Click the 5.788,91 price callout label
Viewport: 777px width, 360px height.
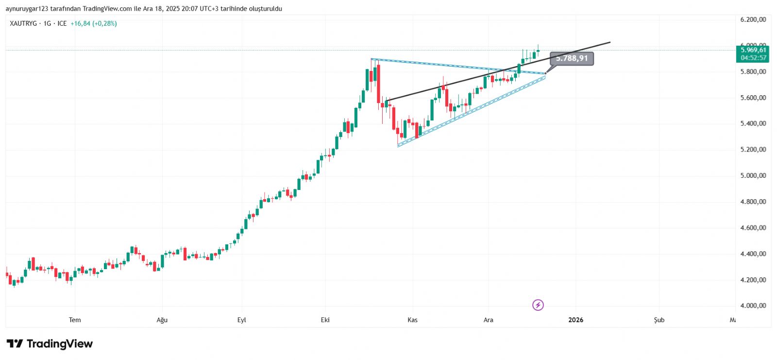pos(572,58)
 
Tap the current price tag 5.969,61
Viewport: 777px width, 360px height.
pos(753,50)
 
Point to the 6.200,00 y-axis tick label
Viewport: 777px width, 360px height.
pos(753,19)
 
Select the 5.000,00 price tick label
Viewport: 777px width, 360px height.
pos(753,175)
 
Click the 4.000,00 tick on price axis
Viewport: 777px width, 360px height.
pos(753,306)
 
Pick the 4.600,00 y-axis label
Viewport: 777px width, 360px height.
pos(753,227)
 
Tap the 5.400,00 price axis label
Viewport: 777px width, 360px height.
pos(753,123)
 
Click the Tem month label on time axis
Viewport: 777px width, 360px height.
pos(75,320)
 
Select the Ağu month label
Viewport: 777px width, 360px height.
pos(162,320)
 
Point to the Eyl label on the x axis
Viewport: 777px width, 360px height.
pos(241,320)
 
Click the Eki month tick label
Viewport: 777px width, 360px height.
pos(325,320)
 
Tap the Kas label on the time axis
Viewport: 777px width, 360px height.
pos(412,320)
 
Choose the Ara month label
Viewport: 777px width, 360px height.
pos(488,320)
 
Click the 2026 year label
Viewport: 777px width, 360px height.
pos(575,320)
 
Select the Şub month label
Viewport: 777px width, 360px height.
pos(659,320)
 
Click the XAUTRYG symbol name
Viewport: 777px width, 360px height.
pos(23,23)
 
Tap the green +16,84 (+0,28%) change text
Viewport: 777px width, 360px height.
pos(93,23)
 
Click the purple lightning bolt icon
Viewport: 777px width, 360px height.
pos(538,305)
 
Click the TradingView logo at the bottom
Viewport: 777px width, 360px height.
pos(50,344)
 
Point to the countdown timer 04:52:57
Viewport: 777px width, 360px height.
pos(753,58)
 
